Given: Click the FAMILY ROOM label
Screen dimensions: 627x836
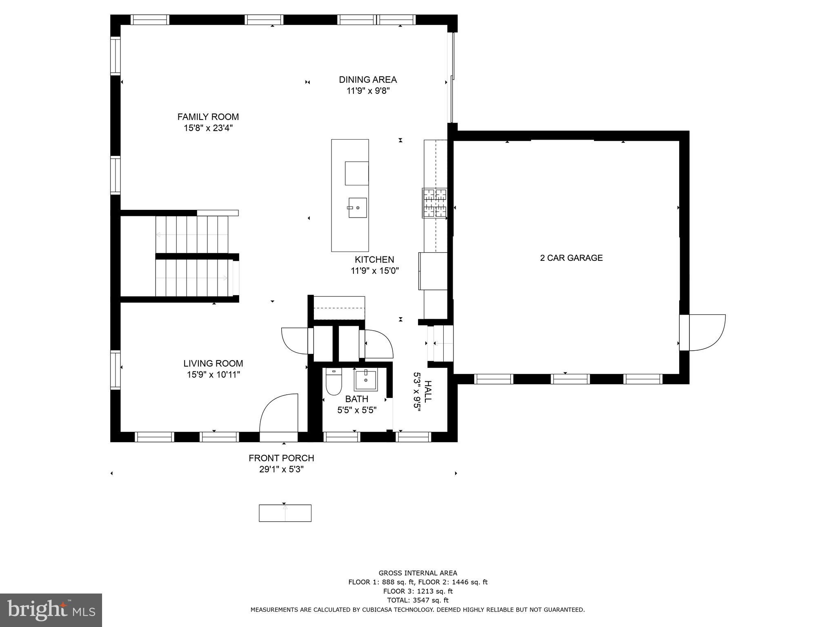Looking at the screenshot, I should pyautogui.click(x=208, y=117).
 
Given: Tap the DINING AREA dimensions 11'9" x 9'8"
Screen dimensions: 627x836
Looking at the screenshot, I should pyautogui.click(x=368, y=91).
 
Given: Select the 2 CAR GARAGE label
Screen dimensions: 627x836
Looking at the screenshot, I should pyautogui.click(x=571, y=258).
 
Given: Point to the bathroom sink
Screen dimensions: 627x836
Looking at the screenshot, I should pyautogui.click(x=365, y=380).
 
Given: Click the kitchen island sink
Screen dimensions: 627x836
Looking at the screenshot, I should pyautogui.click(x=357, y=208).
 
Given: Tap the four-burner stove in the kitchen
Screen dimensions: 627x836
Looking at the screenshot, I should pyautogui.click(x=434, y=203).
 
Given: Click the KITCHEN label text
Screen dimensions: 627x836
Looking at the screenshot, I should pyautogui.click(x=374, y=260).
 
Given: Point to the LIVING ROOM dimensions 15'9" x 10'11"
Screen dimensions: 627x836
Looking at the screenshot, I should pyautogui.click(x=213, y=375).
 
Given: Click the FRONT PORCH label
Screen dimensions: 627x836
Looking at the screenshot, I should pyautogui.click(x=281, y=458).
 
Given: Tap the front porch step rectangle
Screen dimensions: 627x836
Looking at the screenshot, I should pyautogui.click(x=285, y=513).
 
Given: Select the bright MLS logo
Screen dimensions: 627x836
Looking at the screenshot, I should pyautogui.click(x=51, y=610).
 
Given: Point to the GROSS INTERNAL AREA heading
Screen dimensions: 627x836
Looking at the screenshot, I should pyautogui.click(x=418, y=573).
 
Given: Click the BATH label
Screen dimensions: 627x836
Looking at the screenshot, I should pyautogui.click(x=356, y=399).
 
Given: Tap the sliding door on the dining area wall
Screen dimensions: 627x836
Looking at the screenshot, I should pyautogui.click(x=451, y=78).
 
